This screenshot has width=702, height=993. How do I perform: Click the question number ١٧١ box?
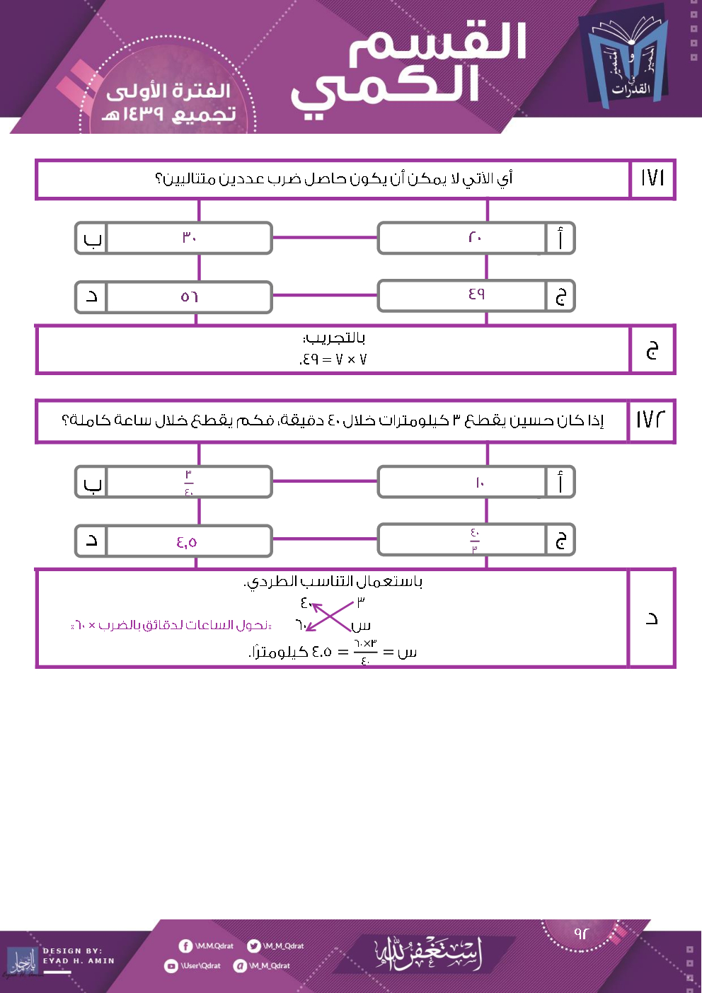tap(652, 178)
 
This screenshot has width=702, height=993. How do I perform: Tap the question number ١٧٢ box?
tap(651, 420)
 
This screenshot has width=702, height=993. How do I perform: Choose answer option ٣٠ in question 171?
tap(189, 238)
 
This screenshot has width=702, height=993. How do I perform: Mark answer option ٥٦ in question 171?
tap(189, 297)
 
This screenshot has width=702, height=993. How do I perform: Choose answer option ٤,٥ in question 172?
tap(187, 542)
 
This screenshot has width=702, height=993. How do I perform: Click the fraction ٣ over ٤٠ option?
tap(189, 483)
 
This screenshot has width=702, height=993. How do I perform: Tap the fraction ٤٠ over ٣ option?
tap(475, 541)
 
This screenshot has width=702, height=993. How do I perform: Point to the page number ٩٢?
tap(581, 934)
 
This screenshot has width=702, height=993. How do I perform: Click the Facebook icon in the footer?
tap(185, 946)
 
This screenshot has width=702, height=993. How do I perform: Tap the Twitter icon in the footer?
tap(253, 946)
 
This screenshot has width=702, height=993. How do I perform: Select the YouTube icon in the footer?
tap(171, 966)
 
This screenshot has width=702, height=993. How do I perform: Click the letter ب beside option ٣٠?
tap(92, 239)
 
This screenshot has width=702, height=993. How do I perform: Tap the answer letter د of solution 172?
tap(652, 619)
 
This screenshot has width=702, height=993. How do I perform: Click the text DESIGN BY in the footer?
tap(72, 951)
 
